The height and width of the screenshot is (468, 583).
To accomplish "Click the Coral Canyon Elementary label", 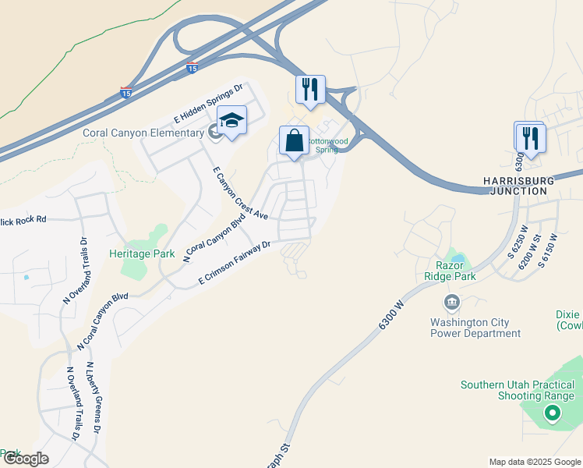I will [x=143, y=133].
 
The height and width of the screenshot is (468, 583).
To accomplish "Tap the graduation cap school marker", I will [x=231, y=122].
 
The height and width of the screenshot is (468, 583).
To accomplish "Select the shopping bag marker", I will [x=295, y=142].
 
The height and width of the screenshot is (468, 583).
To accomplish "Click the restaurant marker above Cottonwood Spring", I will [x=310, y=90].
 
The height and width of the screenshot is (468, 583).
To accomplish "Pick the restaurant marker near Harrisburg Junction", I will [x=530, y=139].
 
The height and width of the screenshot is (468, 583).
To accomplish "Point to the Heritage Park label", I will [x=142, y=253].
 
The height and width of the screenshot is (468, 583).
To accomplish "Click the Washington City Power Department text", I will [x=475, y=328].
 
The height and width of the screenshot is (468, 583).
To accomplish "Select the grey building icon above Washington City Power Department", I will [x=451, y=302].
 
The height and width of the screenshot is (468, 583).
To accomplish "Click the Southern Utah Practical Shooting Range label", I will [x=518, y=390].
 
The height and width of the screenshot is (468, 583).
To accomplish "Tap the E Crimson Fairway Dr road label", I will [x=234, y=261].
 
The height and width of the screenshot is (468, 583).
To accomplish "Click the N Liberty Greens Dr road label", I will [x=94, y=398].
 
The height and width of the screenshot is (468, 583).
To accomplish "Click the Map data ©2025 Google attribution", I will [x=534, y=462].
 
